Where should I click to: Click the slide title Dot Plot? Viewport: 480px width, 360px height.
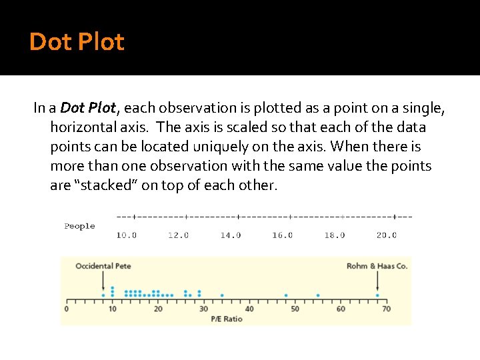coord(77,42)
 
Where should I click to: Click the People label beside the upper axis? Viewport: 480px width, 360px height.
coord(79,226)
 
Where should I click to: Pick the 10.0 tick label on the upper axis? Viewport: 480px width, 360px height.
coord(127,235)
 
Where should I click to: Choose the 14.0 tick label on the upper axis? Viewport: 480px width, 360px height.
coord(231,235)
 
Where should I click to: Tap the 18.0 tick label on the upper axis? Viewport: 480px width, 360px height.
coord(335,235)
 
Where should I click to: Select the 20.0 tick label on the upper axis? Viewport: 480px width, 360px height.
coord(387,235)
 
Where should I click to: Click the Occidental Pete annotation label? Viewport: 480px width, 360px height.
coord(103,266)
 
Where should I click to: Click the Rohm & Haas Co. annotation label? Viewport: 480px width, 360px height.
coord(377,266)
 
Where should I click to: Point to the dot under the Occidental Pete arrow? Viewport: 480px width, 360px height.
coord(103,295)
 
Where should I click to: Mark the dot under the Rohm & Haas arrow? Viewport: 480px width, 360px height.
coord(377,295)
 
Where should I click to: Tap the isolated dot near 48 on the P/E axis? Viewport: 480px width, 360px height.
coord(286,295)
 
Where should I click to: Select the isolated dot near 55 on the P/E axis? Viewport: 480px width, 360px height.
coord(318,295)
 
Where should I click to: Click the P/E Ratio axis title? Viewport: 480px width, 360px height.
coord(227,319)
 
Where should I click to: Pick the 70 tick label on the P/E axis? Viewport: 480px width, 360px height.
coord(386,309)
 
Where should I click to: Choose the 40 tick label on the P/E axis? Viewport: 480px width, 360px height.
coord(249,309)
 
